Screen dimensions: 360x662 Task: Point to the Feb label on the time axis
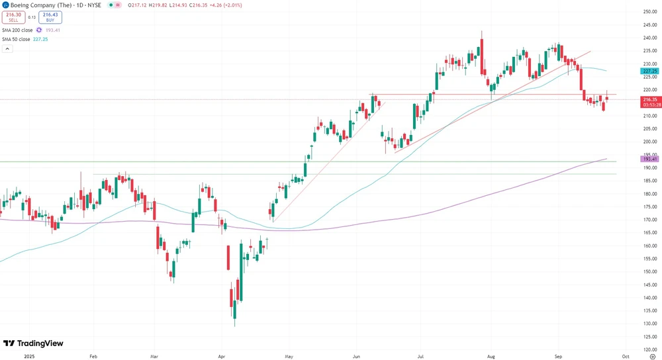coord(93,355)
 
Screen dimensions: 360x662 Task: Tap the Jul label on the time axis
coord(420,355)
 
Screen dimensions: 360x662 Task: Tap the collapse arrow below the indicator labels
coord(7,49)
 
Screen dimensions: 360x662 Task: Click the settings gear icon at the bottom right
coord(653,355)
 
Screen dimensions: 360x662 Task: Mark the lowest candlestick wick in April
coord(235,325)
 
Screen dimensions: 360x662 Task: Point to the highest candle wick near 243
coord(481,31)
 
